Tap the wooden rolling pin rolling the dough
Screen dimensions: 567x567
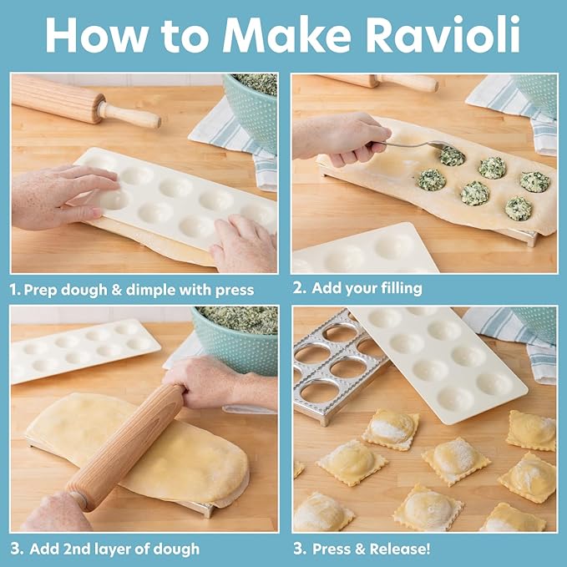pyautogui.click(x=125, y=443)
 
